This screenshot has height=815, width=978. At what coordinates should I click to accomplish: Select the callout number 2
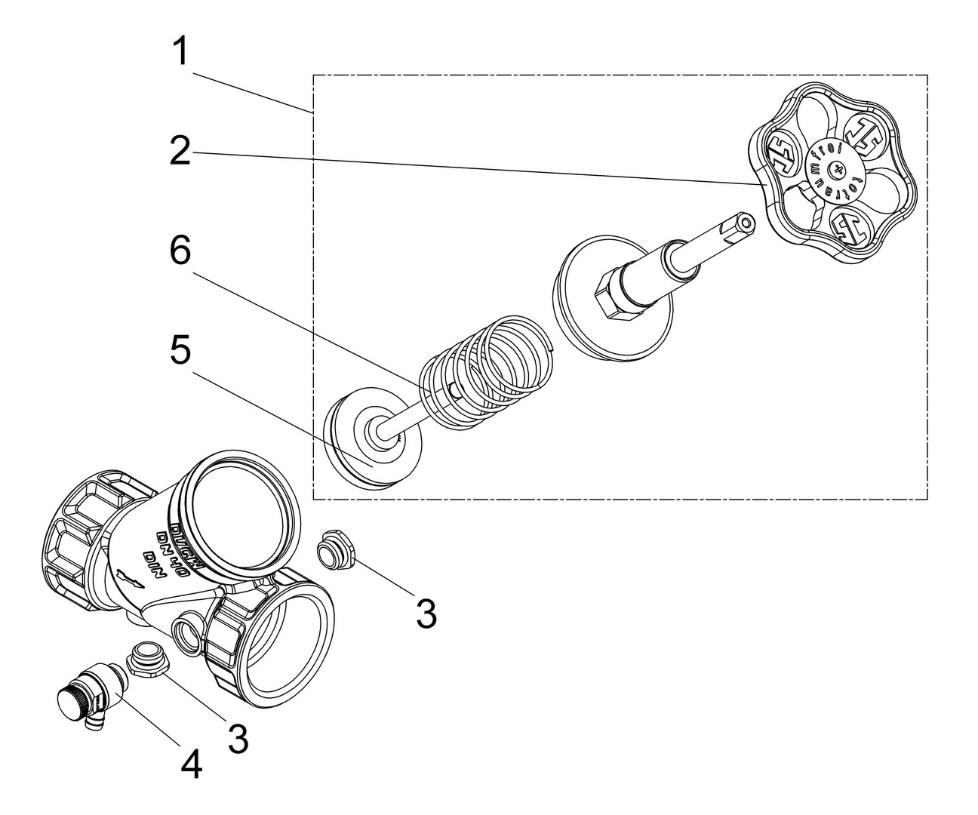(x=179, y=152)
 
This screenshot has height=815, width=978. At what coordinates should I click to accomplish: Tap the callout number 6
(x=179, y=251)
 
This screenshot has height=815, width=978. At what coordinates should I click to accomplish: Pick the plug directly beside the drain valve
(x=144, y=656)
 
